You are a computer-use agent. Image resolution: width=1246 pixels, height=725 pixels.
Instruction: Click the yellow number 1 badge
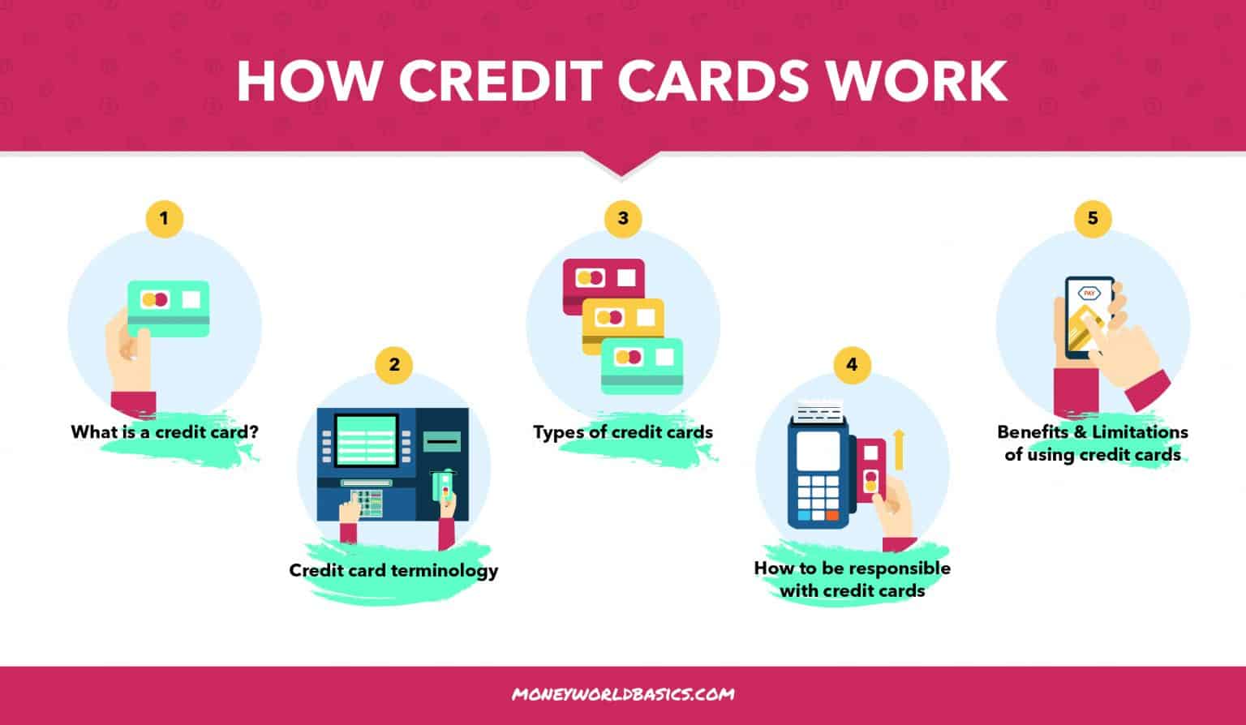(x=165, y=218)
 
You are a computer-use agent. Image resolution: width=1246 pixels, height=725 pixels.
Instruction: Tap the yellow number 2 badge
(x=394, y=364)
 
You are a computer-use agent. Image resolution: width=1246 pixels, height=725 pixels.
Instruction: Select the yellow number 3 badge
(x=622, y=218)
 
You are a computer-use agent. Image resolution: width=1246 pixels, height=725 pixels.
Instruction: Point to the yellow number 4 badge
(x=851, y=364)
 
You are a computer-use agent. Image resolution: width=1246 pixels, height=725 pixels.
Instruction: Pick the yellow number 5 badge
(x=1093, y=218)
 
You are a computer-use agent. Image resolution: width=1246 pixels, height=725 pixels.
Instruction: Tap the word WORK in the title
(x=913, y=80)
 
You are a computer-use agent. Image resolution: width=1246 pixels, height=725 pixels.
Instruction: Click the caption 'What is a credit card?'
(x=165, y=431)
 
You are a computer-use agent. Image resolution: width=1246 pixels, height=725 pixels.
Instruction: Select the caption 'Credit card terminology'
(x=393, y=570)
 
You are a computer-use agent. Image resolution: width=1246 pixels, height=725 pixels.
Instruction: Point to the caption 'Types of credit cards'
(x=622, y=432)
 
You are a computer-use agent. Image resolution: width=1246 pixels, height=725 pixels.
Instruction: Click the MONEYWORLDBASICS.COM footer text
(x=623, y=694)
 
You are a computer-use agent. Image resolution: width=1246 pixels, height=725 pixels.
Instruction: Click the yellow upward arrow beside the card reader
(x=898, y=449)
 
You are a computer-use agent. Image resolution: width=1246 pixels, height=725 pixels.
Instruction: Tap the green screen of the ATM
(x=366, y=440)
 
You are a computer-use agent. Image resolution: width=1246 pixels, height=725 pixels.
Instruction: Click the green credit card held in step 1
(x=169, y=303)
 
